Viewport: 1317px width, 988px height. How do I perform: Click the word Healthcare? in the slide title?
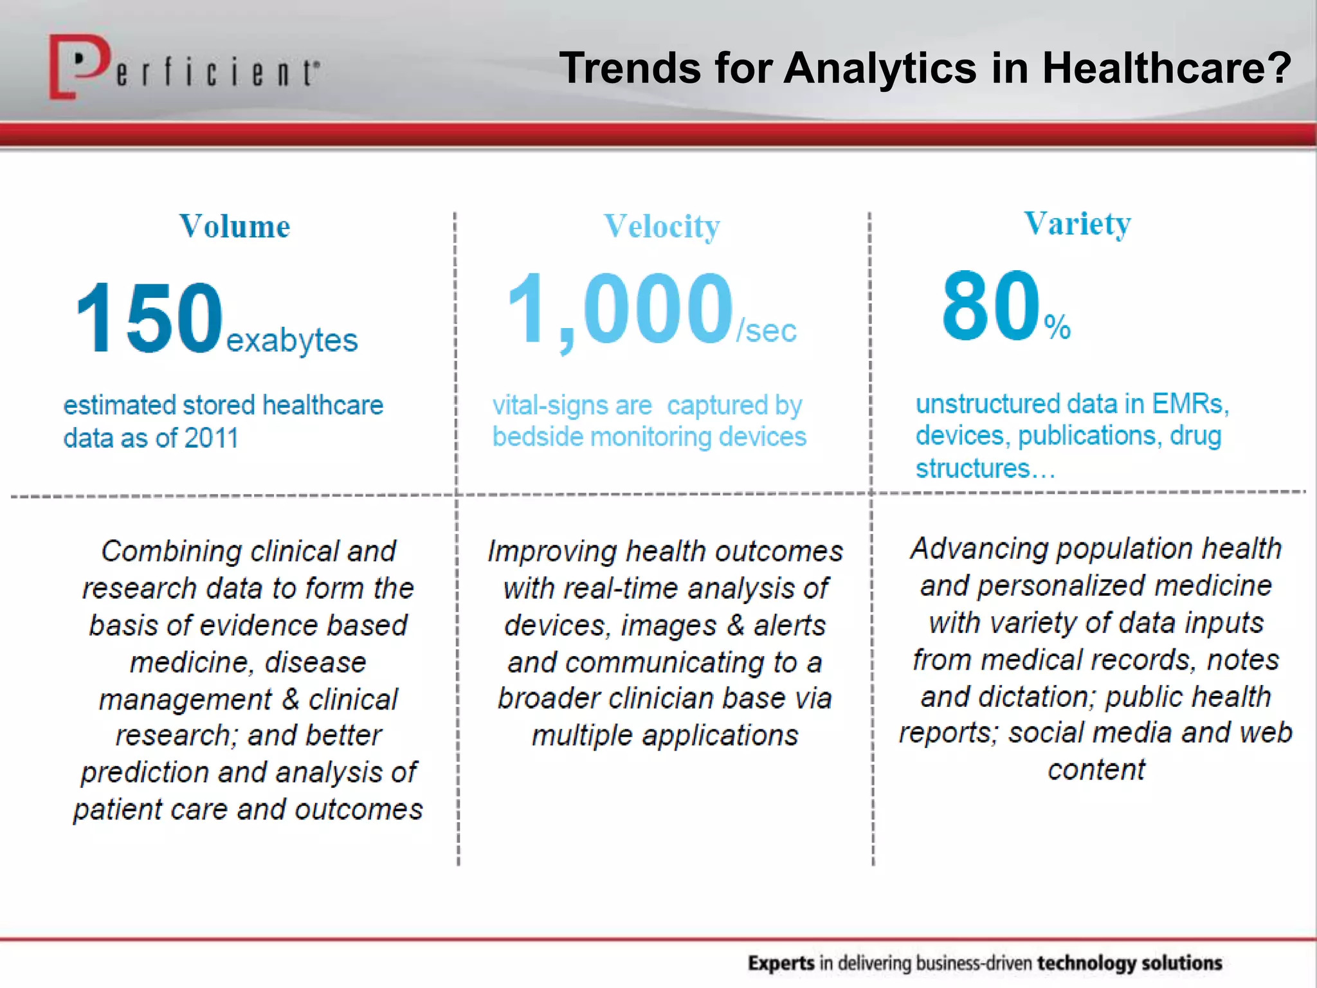point(1167,68)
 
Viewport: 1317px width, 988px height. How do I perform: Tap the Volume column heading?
point(235,226)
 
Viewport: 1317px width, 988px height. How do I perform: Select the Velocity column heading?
point(662,226)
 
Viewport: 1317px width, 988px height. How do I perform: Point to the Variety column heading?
point(1077,224)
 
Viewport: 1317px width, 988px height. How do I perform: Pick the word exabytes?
point(292,340)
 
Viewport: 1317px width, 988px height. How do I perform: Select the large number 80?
point(990,306)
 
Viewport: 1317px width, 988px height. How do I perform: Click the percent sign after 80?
point(1057,327)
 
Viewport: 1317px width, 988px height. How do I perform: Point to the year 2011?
point(212,439)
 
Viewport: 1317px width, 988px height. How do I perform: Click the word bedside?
point(537,437)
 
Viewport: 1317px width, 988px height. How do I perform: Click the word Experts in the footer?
point(781,963)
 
